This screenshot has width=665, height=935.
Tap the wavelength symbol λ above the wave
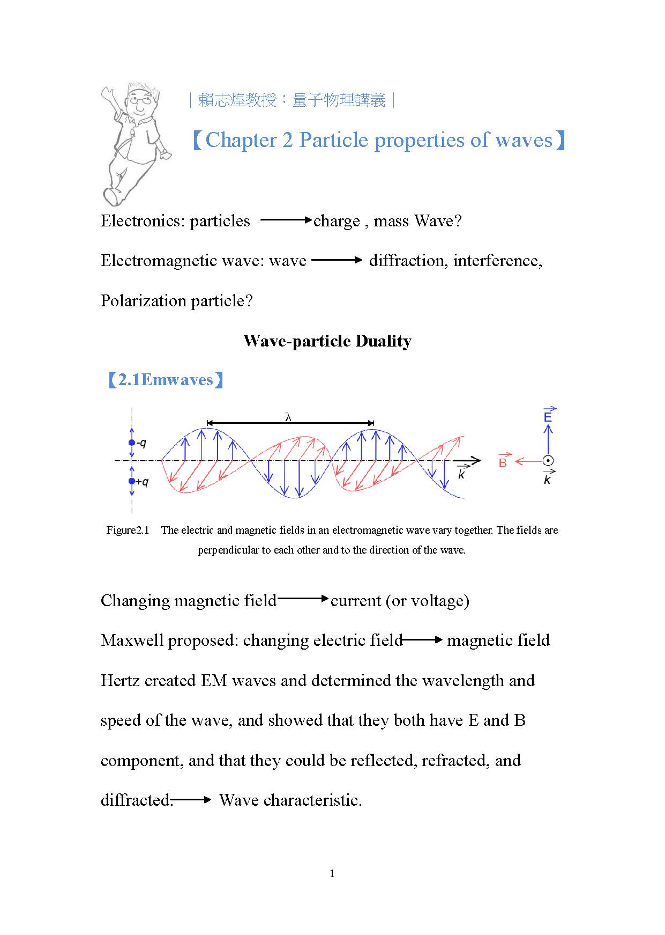[288, 417]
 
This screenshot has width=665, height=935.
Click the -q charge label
[141, 443]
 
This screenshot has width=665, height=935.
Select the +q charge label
[142, 482]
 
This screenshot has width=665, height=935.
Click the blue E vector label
[548, 416]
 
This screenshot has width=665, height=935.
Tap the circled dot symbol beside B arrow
[548, 460]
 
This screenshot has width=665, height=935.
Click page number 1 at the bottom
[332, 874]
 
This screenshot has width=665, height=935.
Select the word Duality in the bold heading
[383, 341]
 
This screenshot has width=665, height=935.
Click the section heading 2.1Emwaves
[166, 380]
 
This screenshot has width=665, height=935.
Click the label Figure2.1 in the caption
[128, 531]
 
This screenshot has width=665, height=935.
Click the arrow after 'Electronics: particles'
[286, 220]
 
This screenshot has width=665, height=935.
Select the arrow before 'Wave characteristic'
[192, 800]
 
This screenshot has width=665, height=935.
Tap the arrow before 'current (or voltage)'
[303, 599]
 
